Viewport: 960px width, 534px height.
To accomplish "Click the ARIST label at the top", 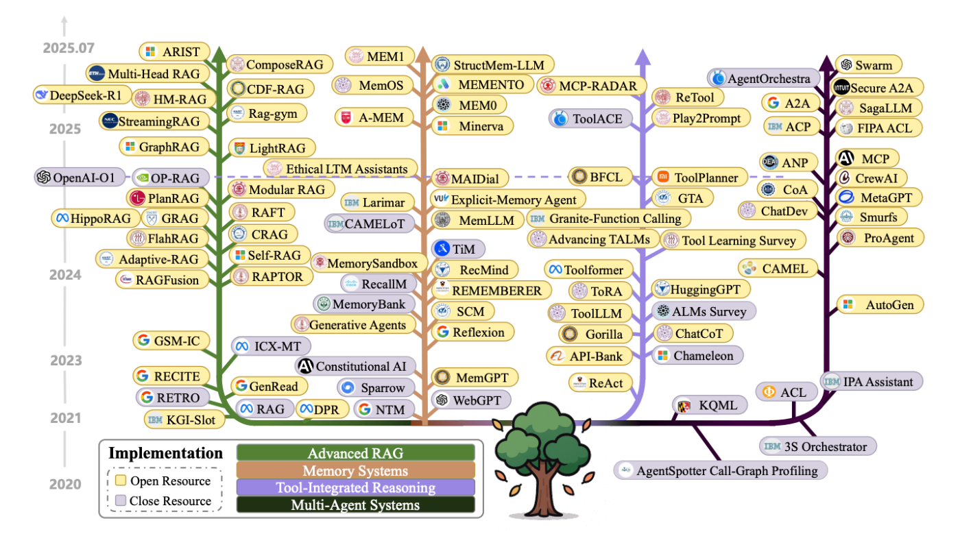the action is [174, 52].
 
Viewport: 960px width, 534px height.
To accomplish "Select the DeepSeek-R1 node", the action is [82, 95].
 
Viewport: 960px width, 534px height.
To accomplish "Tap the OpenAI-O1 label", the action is [80, 178].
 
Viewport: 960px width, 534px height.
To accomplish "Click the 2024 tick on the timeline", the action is [65, 275].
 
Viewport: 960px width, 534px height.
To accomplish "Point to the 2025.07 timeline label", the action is [69, 48].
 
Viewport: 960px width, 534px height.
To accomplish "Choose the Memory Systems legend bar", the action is [355, 470].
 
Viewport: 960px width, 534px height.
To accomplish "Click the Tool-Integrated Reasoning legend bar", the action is [355, 487].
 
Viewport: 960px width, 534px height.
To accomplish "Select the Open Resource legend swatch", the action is [121, 481].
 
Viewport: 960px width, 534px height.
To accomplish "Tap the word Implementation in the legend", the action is [165, 453].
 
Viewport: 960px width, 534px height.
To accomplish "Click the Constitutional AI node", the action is [355, 367].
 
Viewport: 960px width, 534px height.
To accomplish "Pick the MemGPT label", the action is [475, 378].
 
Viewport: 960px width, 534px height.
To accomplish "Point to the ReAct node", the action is [600, 383].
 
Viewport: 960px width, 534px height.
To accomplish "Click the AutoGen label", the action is [880, 305].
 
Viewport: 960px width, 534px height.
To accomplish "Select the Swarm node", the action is [868, 65].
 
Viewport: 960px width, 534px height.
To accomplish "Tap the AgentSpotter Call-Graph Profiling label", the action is [720, 470].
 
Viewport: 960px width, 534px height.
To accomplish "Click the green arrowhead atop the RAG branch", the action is [219, 56].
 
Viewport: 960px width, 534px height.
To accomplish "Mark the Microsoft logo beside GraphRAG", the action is [130, 147].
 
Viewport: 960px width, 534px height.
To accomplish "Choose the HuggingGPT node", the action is [701, 289].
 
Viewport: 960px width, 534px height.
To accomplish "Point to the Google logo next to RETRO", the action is [147, 398].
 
